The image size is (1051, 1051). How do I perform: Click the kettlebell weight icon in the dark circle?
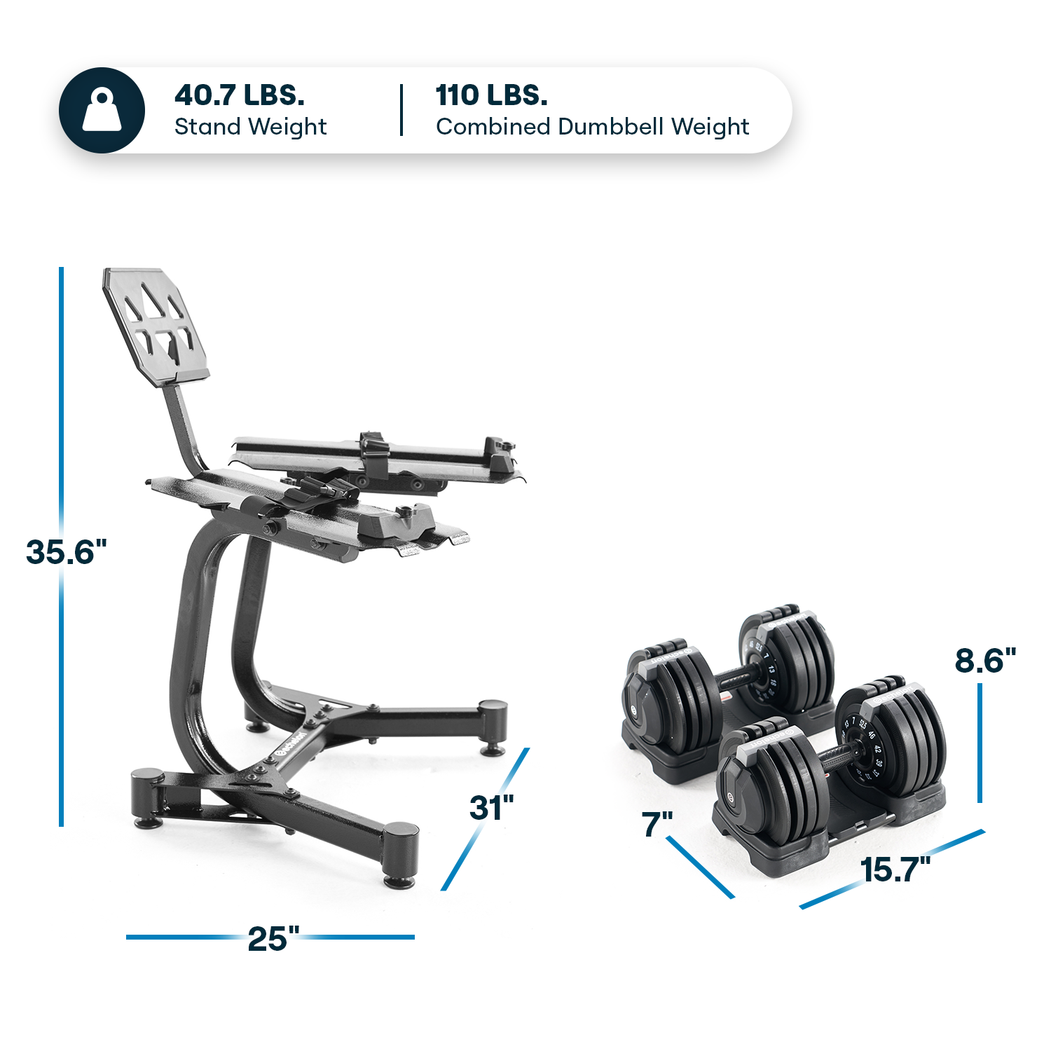(x=102, y=111)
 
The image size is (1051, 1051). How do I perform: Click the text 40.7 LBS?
(x=240, y=95)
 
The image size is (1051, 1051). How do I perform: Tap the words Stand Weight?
(x=250, y=127)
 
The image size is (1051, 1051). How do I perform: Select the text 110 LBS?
(x=491, y=95)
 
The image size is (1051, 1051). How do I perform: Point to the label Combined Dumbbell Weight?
(x=592, y=127)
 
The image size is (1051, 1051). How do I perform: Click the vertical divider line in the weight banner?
(x=401, y=110)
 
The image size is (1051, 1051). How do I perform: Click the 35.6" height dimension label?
(x=66, y=552)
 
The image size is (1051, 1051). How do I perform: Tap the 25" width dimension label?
(x=273, y=939)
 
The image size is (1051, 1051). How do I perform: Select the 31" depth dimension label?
(x=491, y=808)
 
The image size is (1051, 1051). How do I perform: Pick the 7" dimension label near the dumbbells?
(x=657, y=824)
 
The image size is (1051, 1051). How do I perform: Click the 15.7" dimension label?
(x=895, y=870)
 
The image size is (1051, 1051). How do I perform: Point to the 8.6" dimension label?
(x=984, y=660)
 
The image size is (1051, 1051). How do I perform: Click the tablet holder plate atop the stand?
(x=156, y=325)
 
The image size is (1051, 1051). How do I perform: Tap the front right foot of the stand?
(x=400, y=855)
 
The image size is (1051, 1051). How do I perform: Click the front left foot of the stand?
(x=148, y=799)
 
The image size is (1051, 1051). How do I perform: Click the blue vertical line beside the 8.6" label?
(x=979, y=743)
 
